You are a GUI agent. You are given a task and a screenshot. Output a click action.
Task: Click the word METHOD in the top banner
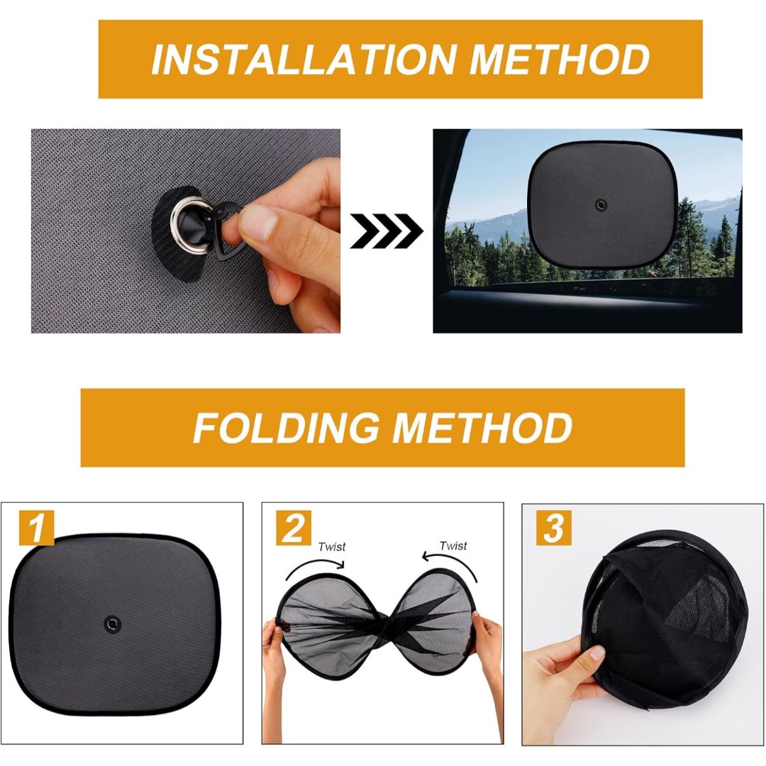[x=560, y=59]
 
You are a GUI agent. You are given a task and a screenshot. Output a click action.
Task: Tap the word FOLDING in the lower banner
[x=287, y=428]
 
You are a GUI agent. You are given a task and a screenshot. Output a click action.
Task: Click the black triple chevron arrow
[x=387, y=231]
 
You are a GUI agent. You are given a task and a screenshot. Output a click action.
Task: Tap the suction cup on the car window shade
[x=600, y=204]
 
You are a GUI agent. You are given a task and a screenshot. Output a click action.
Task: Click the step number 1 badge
[x=37, y=528]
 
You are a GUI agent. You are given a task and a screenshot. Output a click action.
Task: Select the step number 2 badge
[x=293, y=528]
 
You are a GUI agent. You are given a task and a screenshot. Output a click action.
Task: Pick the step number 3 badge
[x=553, y=528]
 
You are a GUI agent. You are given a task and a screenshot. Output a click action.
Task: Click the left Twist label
[x=332, y=547]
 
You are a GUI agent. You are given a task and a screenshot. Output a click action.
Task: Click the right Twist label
[x=453, y=545]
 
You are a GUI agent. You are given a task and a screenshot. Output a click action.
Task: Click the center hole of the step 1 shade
[x=113, y=623]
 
